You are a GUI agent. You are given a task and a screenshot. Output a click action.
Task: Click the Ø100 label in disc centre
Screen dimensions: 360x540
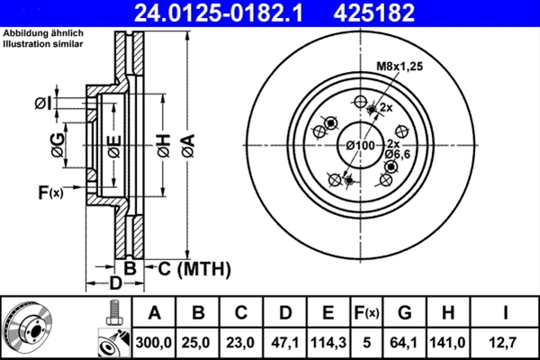coord(360,146)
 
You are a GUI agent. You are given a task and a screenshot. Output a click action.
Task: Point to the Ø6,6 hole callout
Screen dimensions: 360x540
coord(398,155)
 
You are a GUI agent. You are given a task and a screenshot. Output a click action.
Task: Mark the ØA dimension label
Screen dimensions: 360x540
coord(187,143)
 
